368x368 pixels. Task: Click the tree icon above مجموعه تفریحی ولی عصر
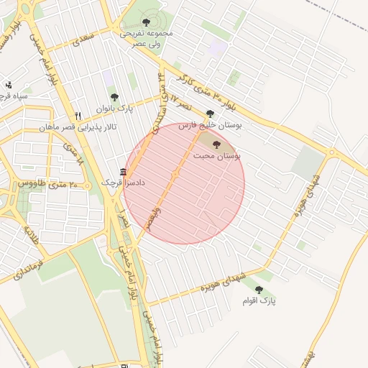coord(147,23)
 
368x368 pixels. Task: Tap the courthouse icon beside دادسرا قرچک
coord(123,172)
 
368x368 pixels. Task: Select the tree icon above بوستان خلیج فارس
coord(210,114)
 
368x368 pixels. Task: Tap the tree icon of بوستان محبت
coord(217,144)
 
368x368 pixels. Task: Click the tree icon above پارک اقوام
coord(259,290)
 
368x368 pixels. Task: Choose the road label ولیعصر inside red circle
coord(149,219)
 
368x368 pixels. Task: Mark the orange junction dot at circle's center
coord(175,175)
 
